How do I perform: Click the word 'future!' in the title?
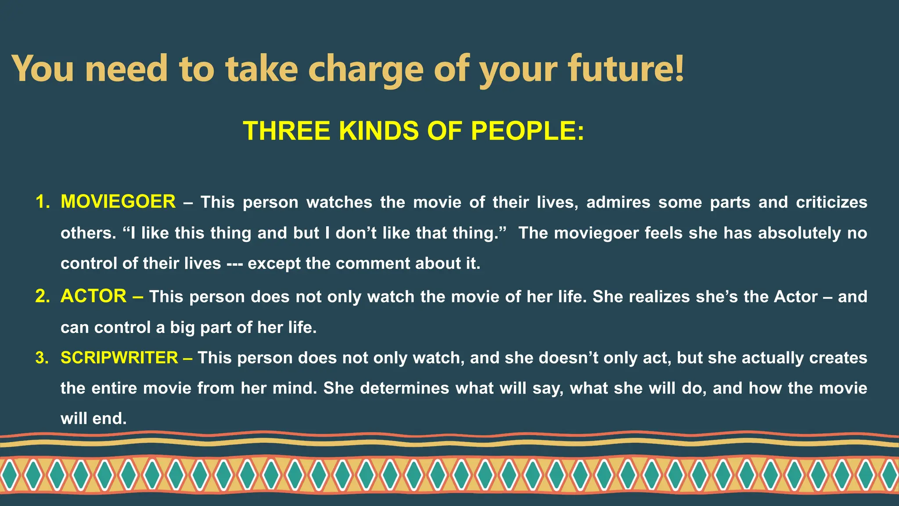tap(626, 69)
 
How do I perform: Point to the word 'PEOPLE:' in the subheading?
tap(527, 131)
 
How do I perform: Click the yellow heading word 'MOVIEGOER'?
tap(118, 202)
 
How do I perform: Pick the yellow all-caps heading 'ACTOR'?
tap(93, 296)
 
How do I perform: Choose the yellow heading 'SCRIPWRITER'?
tap(119, 358)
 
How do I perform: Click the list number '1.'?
tap(43, 202)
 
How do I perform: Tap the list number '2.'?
tap(43, 296)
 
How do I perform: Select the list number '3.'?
tap(43, 358)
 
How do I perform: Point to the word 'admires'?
tap(618, 202)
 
